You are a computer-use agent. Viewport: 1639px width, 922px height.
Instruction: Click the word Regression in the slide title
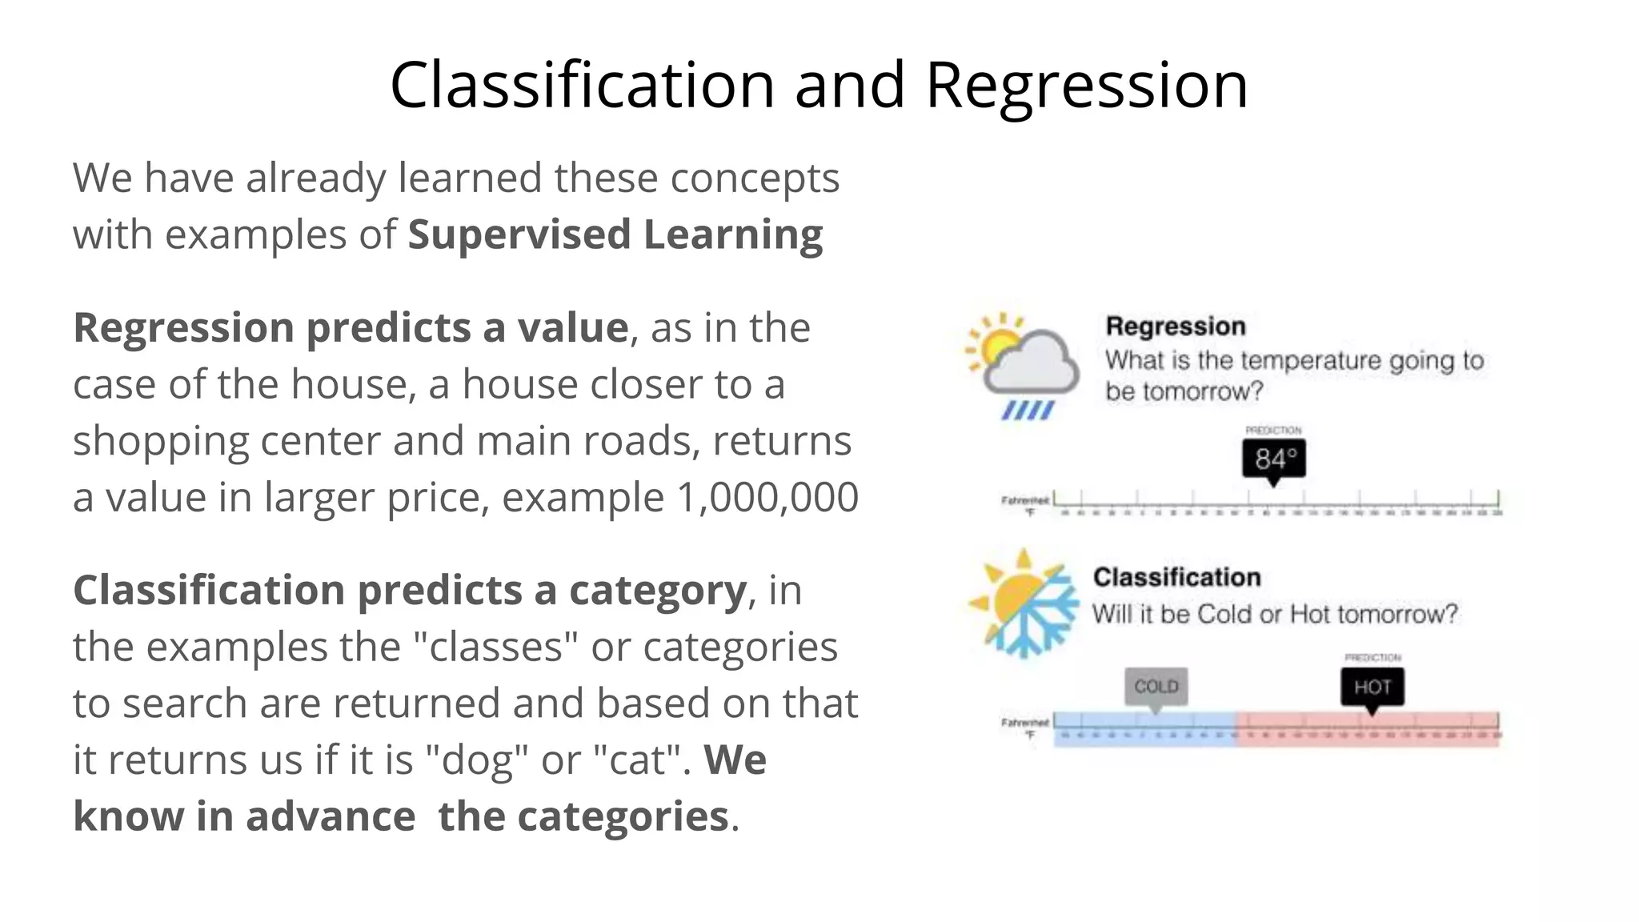[1086, 86]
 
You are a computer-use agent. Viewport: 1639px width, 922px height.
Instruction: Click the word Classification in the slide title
[582, 86]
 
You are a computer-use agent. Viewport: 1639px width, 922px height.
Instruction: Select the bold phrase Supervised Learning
[615, 235]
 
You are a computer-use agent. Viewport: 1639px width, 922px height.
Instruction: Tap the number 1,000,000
[767, 497]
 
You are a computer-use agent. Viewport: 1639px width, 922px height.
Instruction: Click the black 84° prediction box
[1273, 459]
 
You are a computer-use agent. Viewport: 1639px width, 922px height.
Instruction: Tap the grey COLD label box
[1156, 687]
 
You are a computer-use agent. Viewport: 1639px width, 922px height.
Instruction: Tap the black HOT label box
[1372, 687]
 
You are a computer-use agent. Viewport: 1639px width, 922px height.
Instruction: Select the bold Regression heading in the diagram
[1175, 327]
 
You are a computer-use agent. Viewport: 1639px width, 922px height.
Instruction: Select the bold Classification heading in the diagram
[1176, 577]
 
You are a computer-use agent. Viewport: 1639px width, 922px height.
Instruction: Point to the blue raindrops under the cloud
[1028, 411]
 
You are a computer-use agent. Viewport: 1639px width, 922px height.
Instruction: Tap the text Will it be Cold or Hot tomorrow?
[1274, 615]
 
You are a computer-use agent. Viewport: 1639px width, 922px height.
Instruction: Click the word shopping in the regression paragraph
[161, 441]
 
